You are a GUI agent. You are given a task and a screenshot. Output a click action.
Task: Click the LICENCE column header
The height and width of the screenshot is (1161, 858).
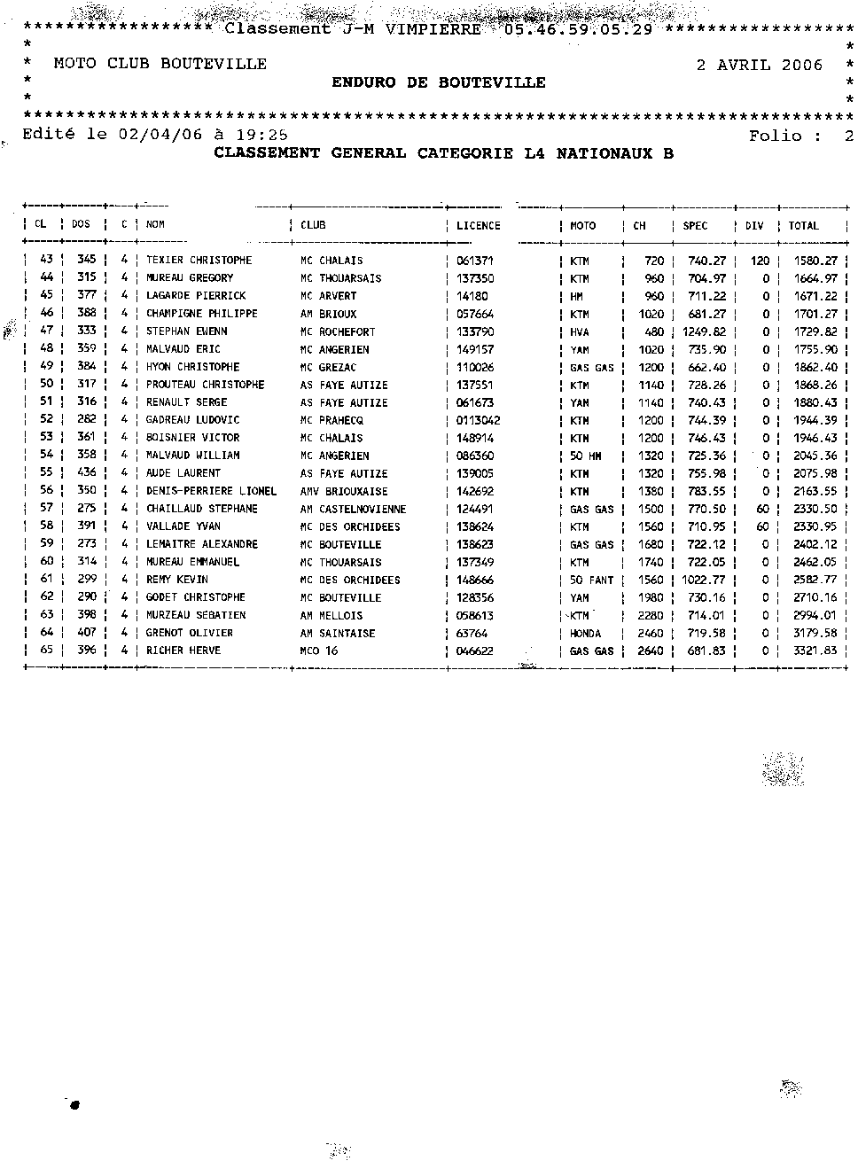point(478,226)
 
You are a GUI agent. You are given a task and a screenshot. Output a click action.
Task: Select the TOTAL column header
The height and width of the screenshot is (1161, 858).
point(803,226)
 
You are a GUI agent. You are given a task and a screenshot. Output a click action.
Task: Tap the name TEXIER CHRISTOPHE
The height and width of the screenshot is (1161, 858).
point(199,261)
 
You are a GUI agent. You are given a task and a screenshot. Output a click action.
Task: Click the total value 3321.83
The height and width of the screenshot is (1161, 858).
point(815,651)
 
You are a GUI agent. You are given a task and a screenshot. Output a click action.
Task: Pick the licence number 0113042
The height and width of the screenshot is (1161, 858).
point(478,420)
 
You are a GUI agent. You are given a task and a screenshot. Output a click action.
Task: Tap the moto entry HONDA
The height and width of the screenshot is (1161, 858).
point(585,633)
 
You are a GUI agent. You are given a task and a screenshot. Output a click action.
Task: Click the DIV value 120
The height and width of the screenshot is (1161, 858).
point(760,261)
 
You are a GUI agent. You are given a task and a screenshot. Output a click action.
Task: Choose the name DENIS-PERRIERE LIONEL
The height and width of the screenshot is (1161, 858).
point(211,491)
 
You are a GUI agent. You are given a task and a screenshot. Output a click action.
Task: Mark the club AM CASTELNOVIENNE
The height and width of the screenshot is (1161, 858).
point(353,509)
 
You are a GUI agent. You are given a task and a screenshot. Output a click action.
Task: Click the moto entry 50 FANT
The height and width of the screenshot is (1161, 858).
point(591,580)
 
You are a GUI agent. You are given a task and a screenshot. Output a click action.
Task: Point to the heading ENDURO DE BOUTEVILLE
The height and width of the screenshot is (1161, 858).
point(439,82)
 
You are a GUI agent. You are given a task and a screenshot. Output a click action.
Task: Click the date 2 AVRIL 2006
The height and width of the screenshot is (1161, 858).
point(759,65)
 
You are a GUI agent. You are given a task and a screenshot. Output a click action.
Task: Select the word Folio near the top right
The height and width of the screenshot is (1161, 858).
point(775,136)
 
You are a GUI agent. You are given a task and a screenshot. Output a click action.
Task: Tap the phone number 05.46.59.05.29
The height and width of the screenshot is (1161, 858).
point(578,29)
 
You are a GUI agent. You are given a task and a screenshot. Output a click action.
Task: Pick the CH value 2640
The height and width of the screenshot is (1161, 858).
point(651,651)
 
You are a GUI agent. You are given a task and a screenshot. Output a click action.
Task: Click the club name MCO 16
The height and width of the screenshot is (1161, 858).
point(318,651)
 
